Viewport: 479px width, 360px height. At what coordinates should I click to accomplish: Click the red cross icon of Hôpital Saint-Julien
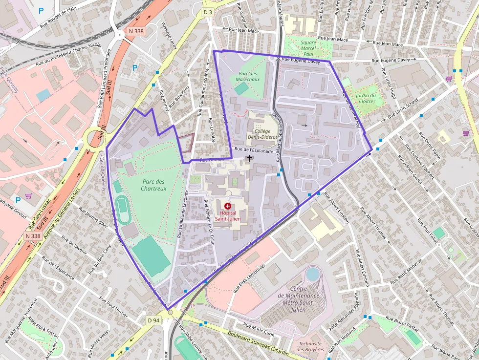(227, 207)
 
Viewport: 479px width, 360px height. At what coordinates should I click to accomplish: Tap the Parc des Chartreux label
(152, 185)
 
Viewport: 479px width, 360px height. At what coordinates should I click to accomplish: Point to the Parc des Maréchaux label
(247, 76)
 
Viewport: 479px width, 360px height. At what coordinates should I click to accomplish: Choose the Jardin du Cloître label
(366, 99)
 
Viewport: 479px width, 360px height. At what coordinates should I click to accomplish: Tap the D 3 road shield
(208, 12)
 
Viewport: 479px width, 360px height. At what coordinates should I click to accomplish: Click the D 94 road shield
(153, 320)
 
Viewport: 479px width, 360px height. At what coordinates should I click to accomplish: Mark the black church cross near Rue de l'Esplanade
(250, 158)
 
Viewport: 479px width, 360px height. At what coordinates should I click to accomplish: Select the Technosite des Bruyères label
(310, 346)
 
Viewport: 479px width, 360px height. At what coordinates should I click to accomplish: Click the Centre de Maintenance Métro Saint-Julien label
(298, 296)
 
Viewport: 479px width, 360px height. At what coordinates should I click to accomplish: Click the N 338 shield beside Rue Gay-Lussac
(33, 236)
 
